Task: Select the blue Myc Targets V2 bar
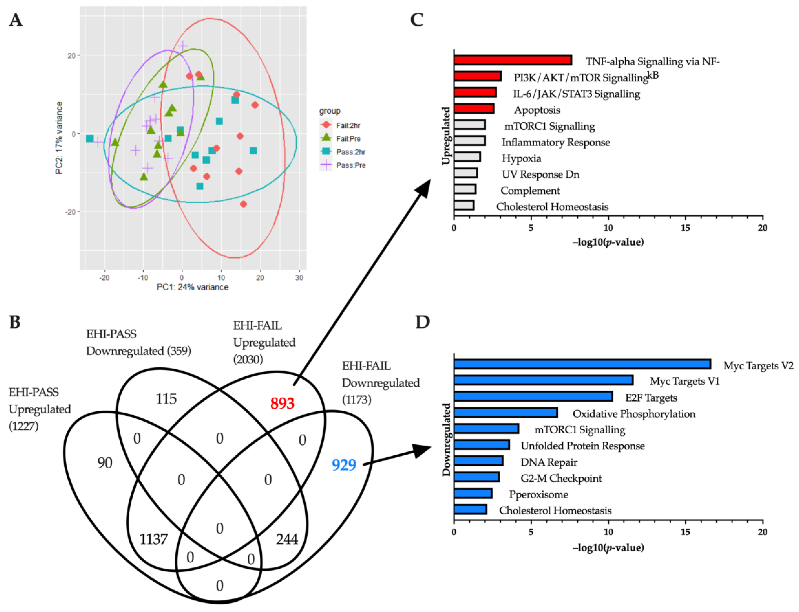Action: (582, 364)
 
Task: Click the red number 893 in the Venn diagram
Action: (282, 403)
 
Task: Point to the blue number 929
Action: (344, 465)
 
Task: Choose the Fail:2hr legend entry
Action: (348, 125)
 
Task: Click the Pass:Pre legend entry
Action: (350, 165)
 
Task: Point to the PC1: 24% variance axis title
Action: (192, 287)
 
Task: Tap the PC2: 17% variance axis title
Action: (59, 138)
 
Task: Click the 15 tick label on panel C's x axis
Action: (685, 228)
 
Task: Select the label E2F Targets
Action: (651, 398)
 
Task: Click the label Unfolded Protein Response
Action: (583, 446)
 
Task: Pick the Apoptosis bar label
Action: (537, 110)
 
